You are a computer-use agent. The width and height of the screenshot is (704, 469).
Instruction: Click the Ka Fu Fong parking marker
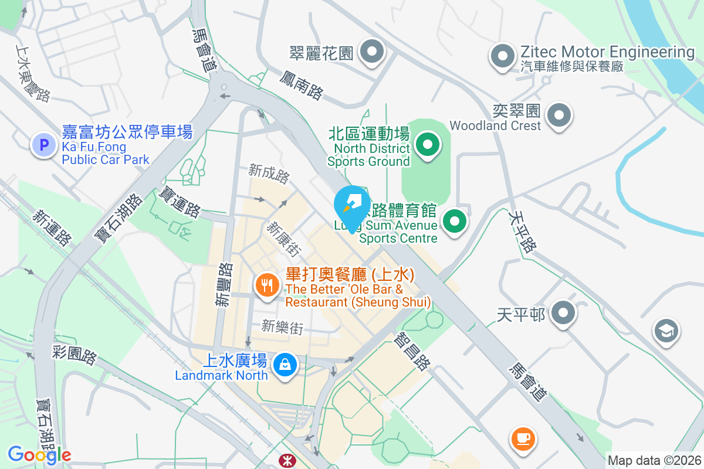(x=44, y=144)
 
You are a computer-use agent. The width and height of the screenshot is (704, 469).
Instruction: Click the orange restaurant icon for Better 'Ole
(x=268, y=286)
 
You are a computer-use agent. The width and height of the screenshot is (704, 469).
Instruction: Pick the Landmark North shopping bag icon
(x=285, y=365)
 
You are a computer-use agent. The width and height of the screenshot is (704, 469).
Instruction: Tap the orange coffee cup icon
(x=522, y=438)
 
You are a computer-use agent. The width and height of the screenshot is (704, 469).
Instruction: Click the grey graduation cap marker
(x=666, y=331)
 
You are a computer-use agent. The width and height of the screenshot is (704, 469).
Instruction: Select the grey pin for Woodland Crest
(x=559, y=115)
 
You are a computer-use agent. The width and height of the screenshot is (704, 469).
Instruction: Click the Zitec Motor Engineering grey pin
(x=502, y=56)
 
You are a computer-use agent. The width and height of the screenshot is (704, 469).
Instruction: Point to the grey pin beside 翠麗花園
(x=371, y=52)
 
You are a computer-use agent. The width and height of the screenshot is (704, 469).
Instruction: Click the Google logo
(x=39, y=454)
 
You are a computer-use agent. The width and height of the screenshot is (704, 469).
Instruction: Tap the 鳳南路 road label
(x=302, y=84)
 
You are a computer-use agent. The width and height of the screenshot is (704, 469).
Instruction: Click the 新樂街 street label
(x=282, y=327)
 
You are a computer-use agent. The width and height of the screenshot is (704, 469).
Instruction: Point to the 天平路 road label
(x=522, y=232)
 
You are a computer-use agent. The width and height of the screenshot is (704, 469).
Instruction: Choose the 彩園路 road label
(x=75, y=354)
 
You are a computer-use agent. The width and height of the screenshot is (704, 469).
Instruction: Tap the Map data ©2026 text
(x=654, y=460)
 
